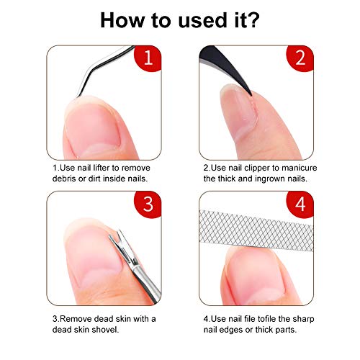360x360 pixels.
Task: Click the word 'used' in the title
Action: click(203, 20)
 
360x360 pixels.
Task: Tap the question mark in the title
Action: click(252, 19)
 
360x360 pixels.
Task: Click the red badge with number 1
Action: click(148, 58)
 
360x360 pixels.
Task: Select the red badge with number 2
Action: click(300, 58)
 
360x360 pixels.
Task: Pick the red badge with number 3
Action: click(148, 204)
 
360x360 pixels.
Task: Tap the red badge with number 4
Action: click(300, 204)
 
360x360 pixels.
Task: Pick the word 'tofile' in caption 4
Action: click(266, 319)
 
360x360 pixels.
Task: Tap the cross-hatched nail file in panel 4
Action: click(256, 230)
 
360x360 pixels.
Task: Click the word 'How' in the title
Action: click(122, 20)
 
